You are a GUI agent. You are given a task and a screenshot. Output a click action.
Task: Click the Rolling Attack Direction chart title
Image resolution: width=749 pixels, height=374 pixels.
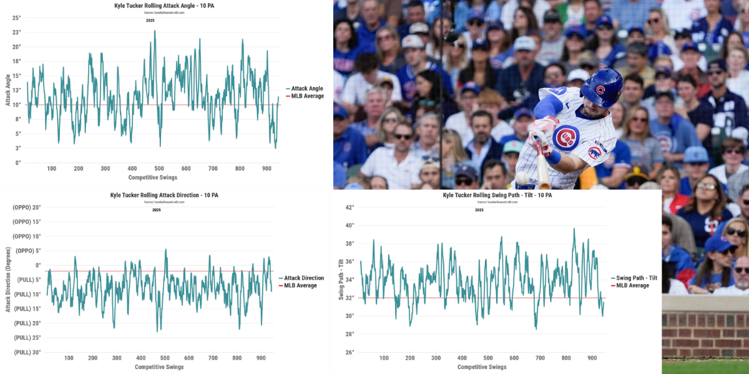[165, 195]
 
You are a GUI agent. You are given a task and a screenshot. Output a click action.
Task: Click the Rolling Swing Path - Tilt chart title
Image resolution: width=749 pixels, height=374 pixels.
[497, 195]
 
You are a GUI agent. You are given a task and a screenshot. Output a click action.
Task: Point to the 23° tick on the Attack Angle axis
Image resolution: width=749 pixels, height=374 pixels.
[17, 32]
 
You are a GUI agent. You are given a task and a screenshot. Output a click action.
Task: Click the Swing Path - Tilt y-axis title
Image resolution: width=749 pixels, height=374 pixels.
[341, 279]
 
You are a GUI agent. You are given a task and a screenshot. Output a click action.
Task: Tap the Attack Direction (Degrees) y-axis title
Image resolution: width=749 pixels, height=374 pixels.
[8, 279]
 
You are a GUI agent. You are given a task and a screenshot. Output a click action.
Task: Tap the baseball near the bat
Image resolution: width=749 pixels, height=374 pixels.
[521, 179]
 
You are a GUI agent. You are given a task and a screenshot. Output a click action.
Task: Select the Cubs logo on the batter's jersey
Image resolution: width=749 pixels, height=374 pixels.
[565, 137]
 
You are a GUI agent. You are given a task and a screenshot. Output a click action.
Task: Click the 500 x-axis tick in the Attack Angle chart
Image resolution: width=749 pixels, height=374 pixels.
[159, 169]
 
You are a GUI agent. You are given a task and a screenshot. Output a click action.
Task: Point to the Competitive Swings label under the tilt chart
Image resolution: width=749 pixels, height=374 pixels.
[482, 367]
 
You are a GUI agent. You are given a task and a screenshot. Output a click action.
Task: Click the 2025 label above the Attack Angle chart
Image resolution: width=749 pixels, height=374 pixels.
[150, 21]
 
